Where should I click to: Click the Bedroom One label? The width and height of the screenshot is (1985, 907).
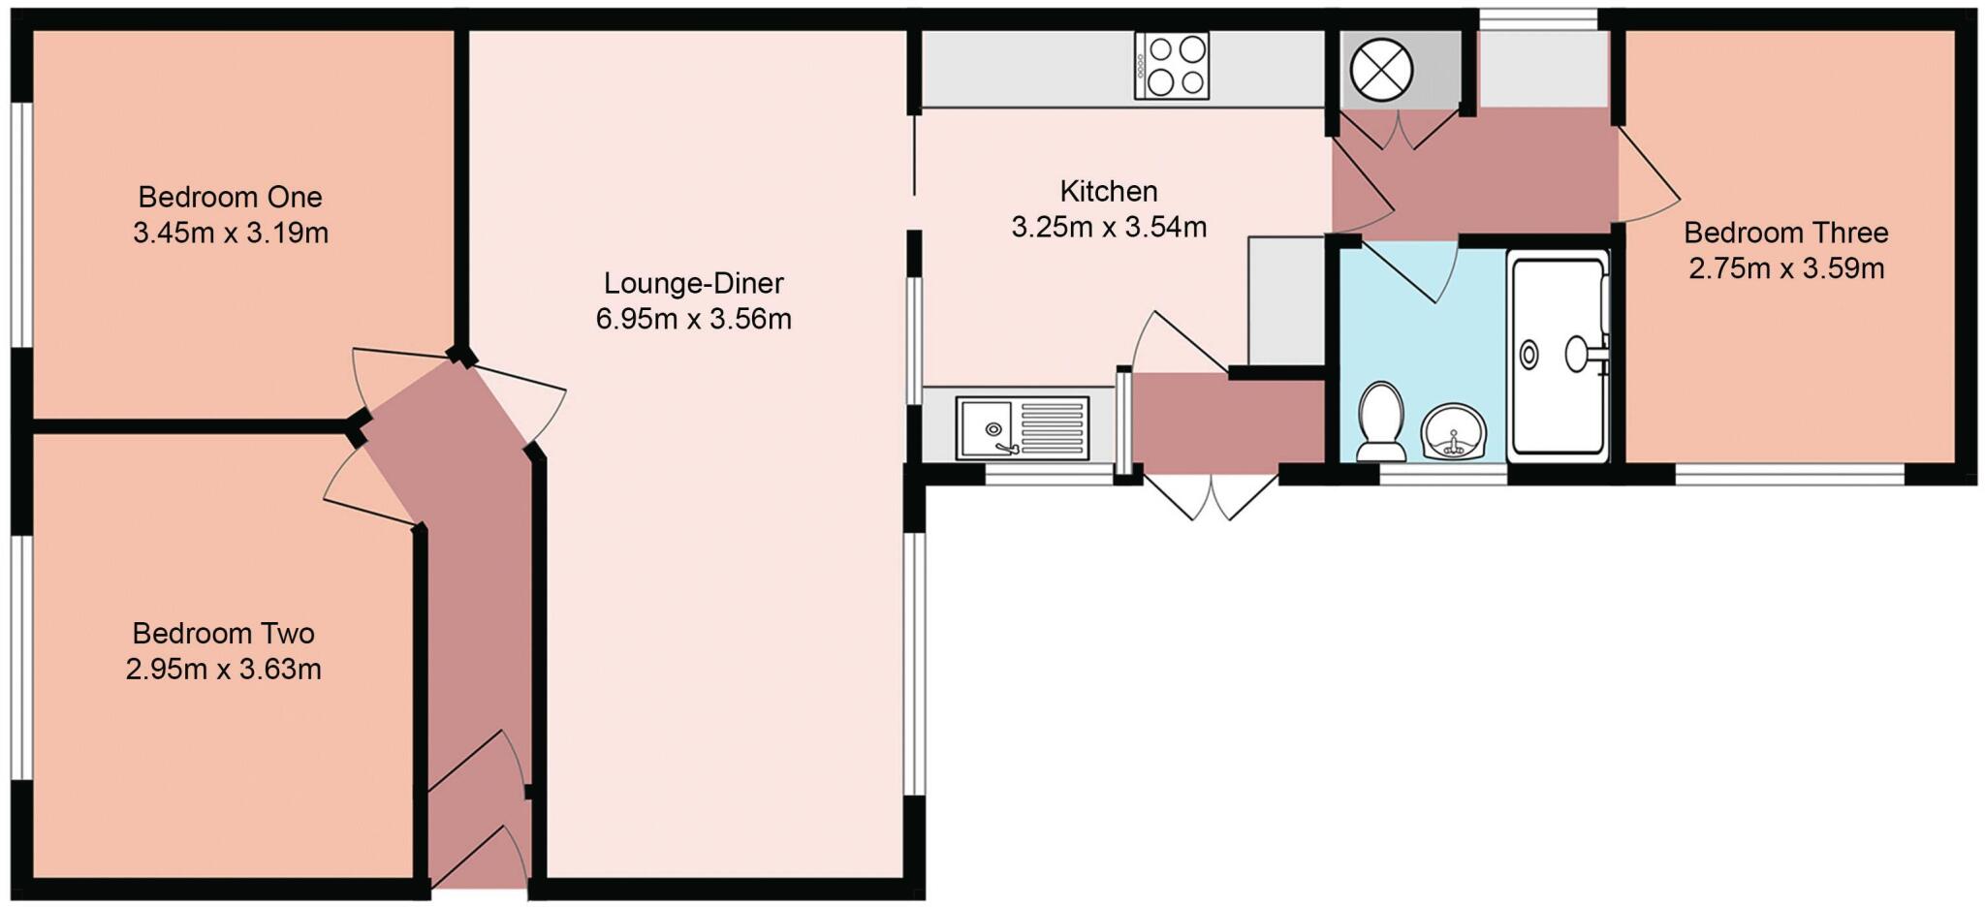coord(230,197)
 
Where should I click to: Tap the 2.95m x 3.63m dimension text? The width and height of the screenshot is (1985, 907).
coord(223,669)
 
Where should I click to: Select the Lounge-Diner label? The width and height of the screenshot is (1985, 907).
coord(693,283)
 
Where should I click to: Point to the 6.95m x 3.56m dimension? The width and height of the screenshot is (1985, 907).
coord(693,319)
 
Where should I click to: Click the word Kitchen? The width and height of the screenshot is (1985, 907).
coord(1108,191)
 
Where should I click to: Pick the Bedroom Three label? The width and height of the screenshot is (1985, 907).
coord(1785,233)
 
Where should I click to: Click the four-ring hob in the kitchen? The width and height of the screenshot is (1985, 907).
coord(1172,65)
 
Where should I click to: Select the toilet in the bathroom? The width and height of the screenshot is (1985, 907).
coord(1381,422)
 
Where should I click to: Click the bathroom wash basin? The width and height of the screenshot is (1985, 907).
coord(1454,432)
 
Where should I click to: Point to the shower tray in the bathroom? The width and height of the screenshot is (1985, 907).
coord(1558,353)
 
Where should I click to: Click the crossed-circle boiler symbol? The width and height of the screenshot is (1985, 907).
coord(1381,69)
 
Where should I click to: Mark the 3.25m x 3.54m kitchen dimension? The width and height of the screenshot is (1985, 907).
coord(1108,227)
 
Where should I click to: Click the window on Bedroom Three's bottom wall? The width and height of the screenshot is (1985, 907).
coord(1789,474)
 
